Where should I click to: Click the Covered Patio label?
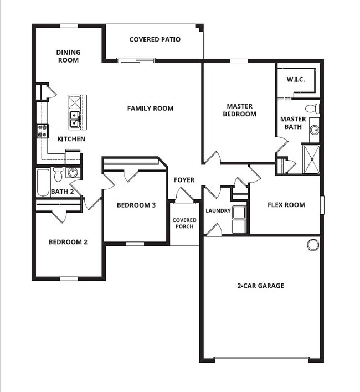point(155,39)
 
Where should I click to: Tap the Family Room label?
point(150,109)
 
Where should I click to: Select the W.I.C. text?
point(296,80)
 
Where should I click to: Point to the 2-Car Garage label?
point(260,286)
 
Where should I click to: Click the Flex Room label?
point(286,205)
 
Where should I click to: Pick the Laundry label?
point(218,211)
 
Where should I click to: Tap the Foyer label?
point(184,180)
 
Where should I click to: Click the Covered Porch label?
point(184,223)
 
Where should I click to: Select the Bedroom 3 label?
point(136,205)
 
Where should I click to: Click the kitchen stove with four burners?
point(43,131)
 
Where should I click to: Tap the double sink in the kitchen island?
point(75,120)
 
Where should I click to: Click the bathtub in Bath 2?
point(43,183)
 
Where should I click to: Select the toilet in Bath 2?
point(58,174)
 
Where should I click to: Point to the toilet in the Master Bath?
point(312,109)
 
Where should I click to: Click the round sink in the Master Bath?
point(314,130)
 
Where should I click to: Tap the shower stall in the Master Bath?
point(311,159)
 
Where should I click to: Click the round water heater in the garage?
point(313,245)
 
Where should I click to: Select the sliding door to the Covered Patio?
point(136,60)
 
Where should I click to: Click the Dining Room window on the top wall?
point(69,26)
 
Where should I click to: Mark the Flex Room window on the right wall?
point(322,205)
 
